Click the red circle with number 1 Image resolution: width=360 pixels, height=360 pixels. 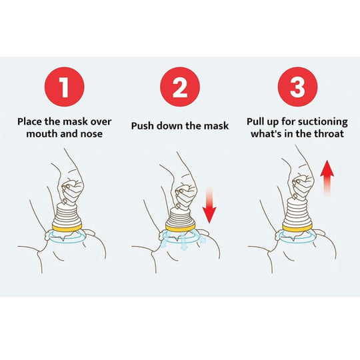pyautogui.click(x=65, y=87)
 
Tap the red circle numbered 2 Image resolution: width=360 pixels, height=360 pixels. pyautogui.click(x=180, y=87)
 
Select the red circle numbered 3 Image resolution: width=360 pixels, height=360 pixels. pyautogui.click(x=297, y=87)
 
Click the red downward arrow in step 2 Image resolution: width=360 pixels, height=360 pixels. pyautogui.click(x=209, y=205)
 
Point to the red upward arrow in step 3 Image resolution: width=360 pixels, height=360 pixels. pyautogui.click(x=327, y=179)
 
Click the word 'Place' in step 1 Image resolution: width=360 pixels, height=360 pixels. pyautogui.click(x=29, y=121)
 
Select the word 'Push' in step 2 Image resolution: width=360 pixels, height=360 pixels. pyautogui.click(x=143, y=126)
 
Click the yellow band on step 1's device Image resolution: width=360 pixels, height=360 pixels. pyautogui.click(x=67, y=227)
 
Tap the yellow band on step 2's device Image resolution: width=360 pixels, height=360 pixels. pyautogui.click(x=180, y=228)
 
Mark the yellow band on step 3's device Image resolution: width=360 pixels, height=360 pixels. pyautogui.click(x=297, y=228)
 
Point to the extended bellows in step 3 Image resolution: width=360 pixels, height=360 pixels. pyautogui.click(x=297, y=213)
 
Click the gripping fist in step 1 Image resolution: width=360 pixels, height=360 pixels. pyautogui.click(x=71, y=189)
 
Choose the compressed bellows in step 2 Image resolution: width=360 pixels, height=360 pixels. pyautogui.click(x=180, y=217)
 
